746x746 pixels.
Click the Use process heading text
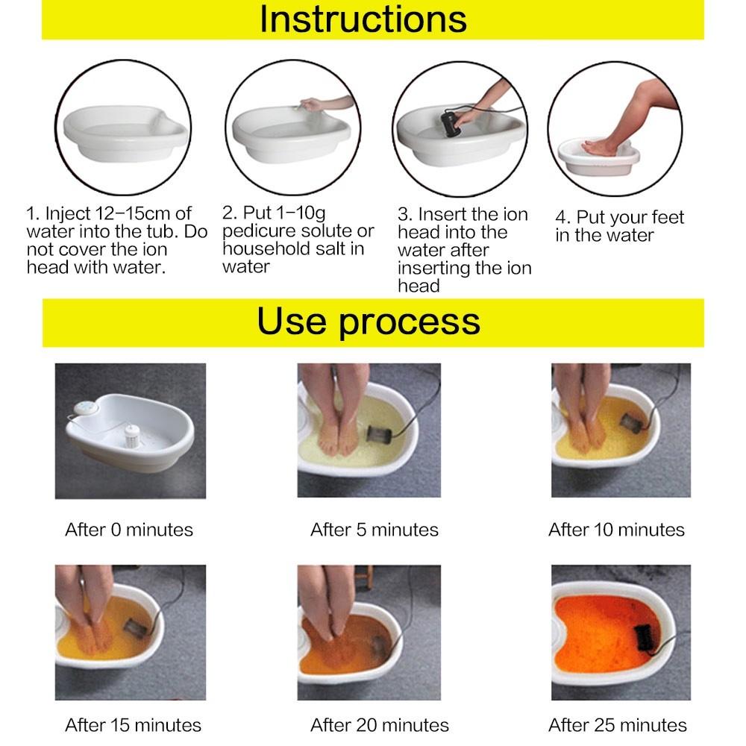[x=369, y=322]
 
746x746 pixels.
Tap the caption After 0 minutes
[x=129, y=530]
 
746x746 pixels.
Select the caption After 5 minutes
[x=374, y=530]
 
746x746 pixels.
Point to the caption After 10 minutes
[x=616, y=530]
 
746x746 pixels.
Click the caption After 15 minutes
[x=133, y=724]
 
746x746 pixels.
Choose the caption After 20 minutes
[x=380, y=724]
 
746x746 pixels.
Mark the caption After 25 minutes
[x=618, y=724]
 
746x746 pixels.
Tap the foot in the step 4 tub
[x=598, y=148]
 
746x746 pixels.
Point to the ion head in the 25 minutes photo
[x=643, y=639]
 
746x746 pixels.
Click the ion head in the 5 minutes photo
[x=376, y=433]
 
